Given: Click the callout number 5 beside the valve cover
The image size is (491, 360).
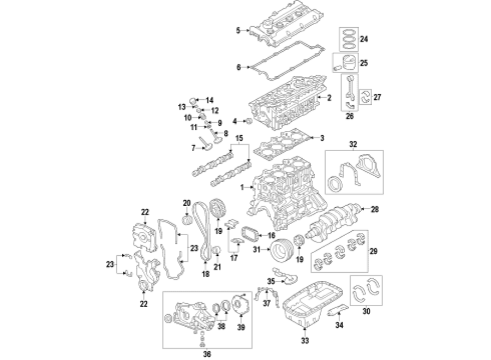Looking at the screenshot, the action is tap(238, 31).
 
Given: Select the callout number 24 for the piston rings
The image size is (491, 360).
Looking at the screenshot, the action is tap(363, 39).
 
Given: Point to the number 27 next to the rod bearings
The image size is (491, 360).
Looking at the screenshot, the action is tap(377, 97).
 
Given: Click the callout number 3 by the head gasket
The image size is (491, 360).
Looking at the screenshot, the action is tap(322, 138).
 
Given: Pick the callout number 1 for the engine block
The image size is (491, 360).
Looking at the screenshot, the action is tap(242, 187).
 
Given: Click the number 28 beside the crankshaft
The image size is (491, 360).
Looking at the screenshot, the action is tap(375, 209).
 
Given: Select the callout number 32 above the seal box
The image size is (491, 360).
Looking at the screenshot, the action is tap(353, 145).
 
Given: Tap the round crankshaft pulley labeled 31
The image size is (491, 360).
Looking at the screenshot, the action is tap(282, 249).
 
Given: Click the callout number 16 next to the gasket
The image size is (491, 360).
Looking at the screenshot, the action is tap(271, 236).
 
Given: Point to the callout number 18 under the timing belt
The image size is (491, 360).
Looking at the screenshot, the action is tap(206, 274).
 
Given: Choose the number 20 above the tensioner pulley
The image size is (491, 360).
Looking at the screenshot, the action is tap(187, 203).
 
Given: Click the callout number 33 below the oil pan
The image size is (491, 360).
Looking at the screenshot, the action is tap(304, 340).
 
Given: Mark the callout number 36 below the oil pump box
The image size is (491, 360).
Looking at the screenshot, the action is tap(207, 354).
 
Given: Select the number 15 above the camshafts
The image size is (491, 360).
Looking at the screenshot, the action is tap(239, 138).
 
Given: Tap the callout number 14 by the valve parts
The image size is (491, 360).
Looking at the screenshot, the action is tap(209, 100).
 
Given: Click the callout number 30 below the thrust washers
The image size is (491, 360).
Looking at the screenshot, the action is tap(366, 311).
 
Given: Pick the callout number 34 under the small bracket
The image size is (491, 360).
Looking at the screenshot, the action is tap(339, 325).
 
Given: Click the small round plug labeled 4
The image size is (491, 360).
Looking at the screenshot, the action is tap(249, 121).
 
